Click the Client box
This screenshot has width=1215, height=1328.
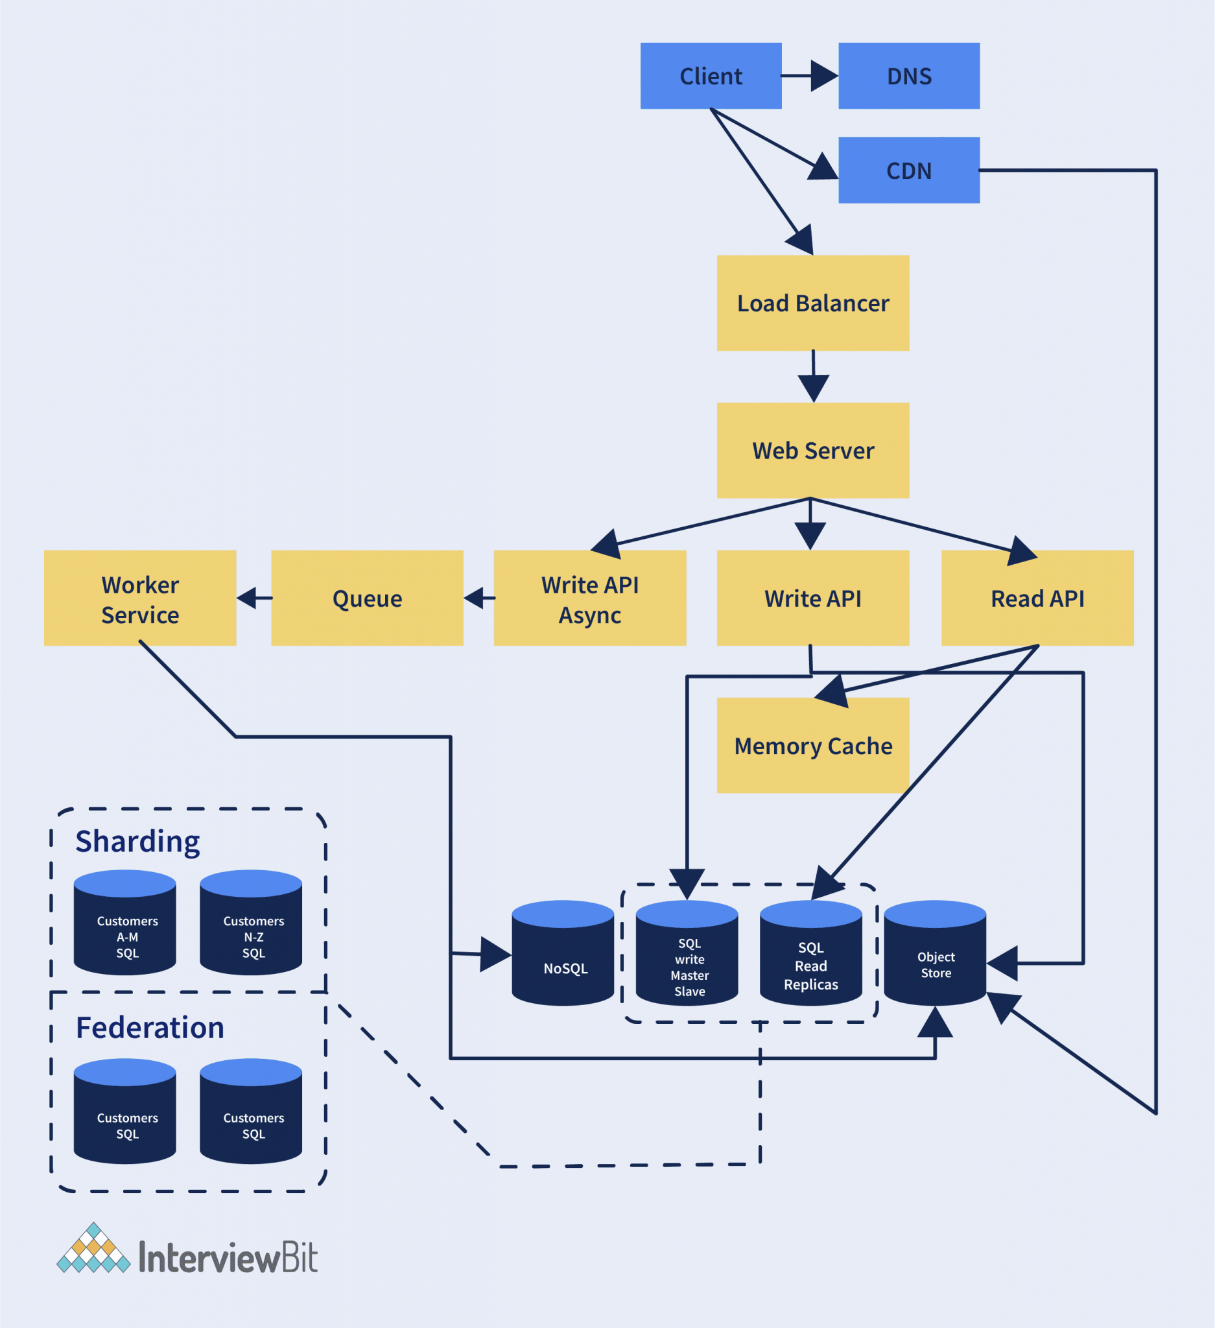(711, 76)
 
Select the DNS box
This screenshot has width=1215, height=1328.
(909, 76)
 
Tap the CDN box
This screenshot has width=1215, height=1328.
(909, 170)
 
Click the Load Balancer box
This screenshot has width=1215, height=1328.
(812, 303)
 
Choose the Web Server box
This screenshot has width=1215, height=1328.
(812, 451)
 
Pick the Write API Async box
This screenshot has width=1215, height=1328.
(589, 598)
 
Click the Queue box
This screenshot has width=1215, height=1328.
(367, 598)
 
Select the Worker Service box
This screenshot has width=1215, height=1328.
(139, 598)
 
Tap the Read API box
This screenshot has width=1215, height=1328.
(1037, 598)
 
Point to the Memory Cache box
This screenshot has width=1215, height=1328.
(812, 746)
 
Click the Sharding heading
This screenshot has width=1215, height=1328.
(137, 842)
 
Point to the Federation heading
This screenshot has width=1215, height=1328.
(150, 1028)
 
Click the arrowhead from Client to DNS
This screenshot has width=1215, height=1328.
(824, 76)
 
